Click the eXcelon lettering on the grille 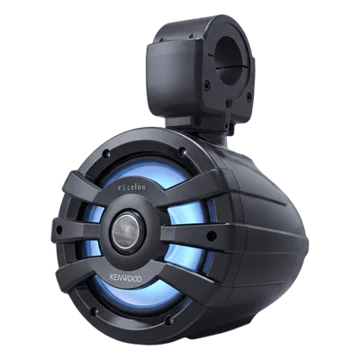click(x=130, y=188)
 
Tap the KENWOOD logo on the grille click(x=127, y=279)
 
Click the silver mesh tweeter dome click(x=127, y=230)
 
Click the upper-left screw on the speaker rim click(x=105, y=154)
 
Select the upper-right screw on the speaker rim click(x=182, y=151)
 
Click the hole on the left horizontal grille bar click(x=59, y=230)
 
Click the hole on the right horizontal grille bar click(x=211, y=236)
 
